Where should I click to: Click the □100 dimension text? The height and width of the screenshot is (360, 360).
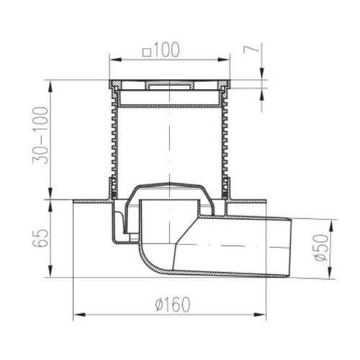coord(161,50)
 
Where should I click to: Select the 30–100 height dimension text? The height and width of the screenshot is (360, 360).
coord(40,135)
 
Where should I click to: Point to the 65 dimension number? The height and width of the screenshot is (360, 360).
coord(40,238)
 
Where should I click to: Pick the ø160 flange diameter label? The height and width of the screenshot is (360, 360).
coord(173,305)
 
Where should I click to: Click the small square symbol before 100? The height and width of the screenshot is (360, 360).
coord(147,53)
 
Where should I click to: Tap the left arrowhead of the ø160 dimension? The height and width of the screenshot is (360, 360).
coord(79,315)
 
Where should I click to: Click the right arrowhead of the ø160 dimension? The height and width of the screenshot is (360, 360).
coord(260,315)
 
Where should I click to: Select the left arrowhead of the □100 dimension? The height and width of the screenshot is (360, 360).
coord(116,60)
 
